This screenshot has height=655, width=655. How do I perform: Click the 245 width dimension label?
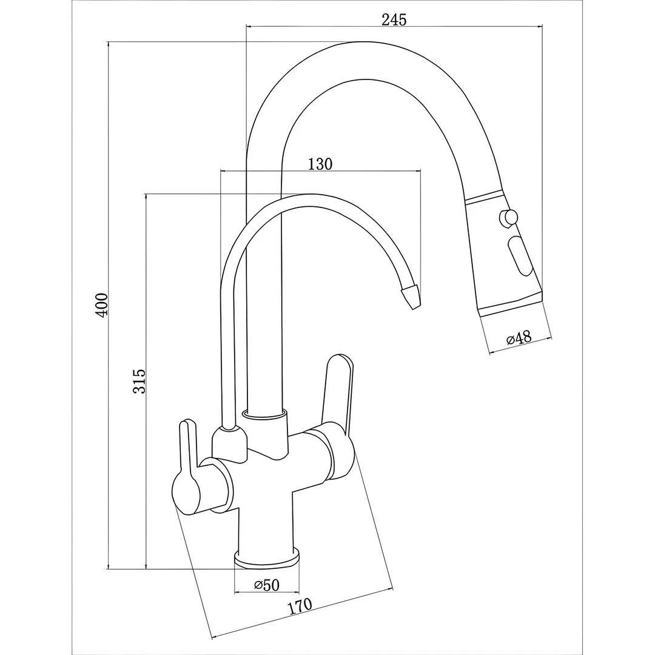394,19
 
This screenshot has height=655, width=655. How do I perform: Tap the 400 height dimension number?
102,304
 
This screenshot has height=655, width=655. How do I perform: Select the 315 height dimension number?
139,381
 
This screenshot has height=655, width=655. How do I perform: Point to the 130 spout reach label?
320,164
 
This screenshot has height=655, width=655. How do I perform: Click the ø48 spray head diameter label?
519,338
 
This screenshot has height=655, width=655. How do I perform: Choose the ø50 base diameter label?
267,585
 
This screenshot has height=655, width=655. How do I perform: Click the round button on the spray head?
508,218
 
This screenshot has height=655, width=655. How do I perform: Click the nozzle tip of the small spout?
411,296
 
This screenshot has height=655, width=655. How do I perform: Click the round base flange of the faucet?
267,559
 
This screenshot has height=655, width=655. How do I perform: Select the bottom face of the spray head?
511,306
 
